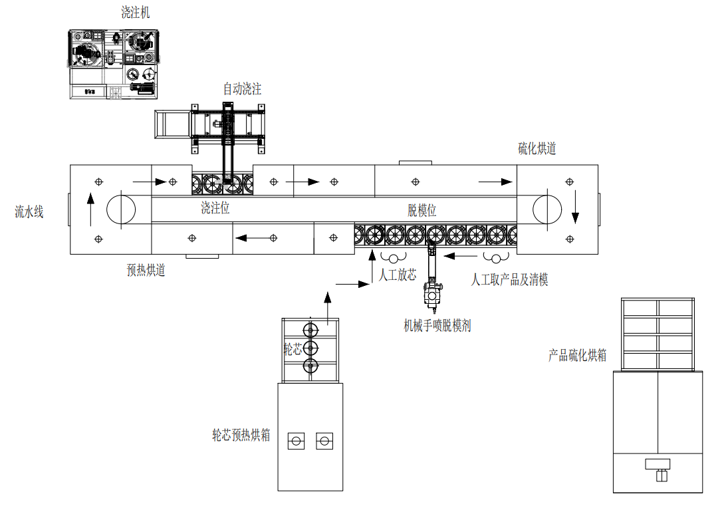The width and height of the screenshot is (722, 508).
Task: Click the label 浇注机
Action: point(136,13)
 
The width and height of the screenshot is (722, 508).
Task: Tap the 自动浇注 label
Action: point(242,88)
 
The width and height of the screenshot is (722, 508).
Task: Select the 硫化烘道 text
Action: point(537,148)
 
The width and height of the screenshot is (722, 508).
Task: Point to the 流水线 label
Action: point(29,212)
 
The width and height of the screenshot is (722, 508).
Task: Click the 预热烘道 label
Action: point(146,270)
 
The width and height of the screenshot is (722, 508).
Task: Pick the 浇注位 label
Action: point(215,207)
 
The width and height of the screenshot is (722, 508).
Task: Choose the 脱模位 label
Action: point(421,211)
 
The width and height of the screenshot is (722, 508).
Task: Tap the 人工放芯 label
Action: point(398,275)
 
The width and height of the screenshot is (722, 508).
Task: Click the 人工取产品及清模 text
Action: point(509,279)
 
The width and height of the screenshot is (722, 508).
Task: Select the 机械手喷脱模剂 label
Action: point(437,326)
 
